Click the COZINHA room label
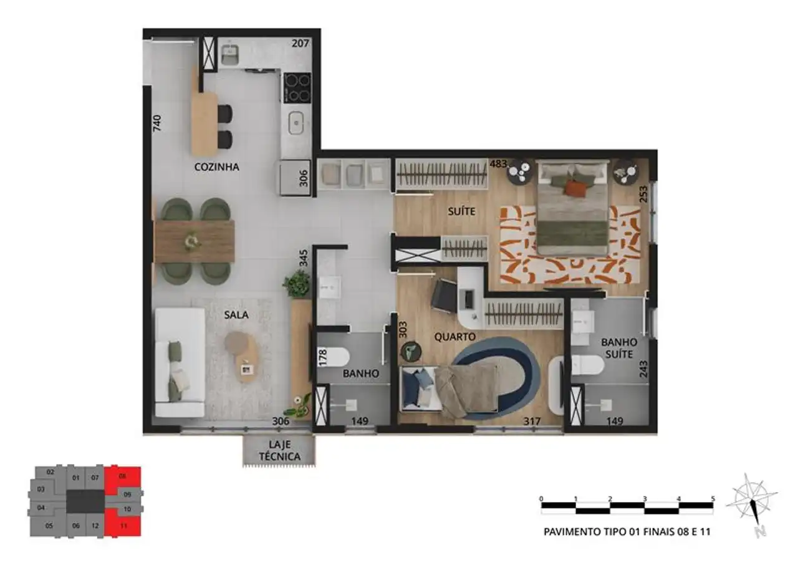coord(216,167)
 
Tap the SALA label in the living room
coord(236,314)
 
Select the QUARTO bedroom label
coord(455,337)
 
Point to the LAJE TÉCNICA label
coord(280,450)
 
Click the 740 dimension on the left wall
coord(156,123)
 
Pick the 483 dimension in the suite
coord(498,164)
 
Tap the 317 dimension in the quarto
coord(532,422)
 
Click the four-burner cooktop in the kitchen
coord(297,88)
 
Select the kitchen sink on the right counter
coord(296,123)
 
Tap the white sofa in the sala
coord(180,362)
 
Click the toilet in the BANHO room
coord(334,357)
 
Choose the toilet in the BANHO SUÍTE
coord(588,365)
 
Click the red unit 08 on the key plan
coord(123,476)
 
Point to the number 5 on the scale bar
coord(713,498)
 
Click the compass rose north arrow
coord(752,506)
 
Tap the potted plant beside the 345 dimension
coord(296,283)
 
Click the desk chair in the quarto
coord(444,296)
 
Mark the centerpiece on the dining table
coord(192,241)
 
